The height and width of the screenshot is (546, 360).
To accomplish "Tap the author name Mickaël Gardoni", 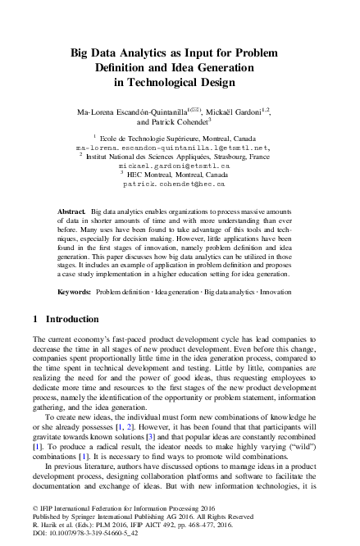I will tap(244, 108).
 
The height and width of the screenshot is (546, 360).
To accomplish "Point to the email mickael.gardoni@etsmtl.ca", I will tap(179, 164).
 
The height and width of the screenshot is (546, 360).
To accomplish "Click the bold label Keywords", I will tap(74, 291).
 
